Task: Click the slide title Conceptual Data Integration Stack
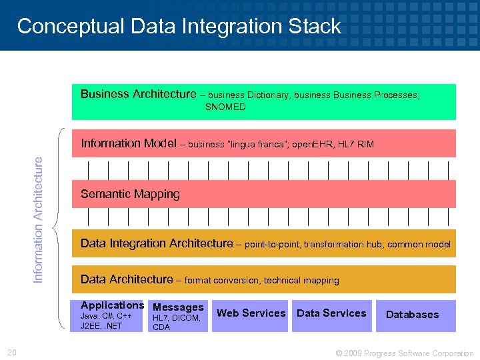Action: tap(179, 26)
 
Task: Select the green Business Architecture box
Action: tap(263, 101)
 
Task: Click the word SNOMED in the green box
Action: tap(225, 107)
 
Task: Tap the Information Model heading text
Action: tap(128, 143)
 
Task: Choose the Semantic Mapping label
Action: tap(130, 194)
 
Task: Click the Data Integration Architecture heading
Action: tap(157, 244)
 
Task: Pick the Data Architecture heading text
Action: tap(127, 280)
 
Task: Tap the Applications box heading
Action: tap(112, 305)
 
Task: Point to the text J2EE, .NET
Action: tap(101, 326)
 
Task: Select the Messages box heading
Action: tap(178, 307)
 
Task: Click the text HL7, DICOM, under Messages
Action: tap(177, 318)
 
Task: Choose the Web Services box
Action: tap(251, 313)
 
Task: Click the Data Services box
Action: tap(331, 313)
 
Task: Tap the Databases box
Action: tap(412, 315)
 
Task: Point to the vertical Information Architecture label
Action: tap(39, 219)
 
